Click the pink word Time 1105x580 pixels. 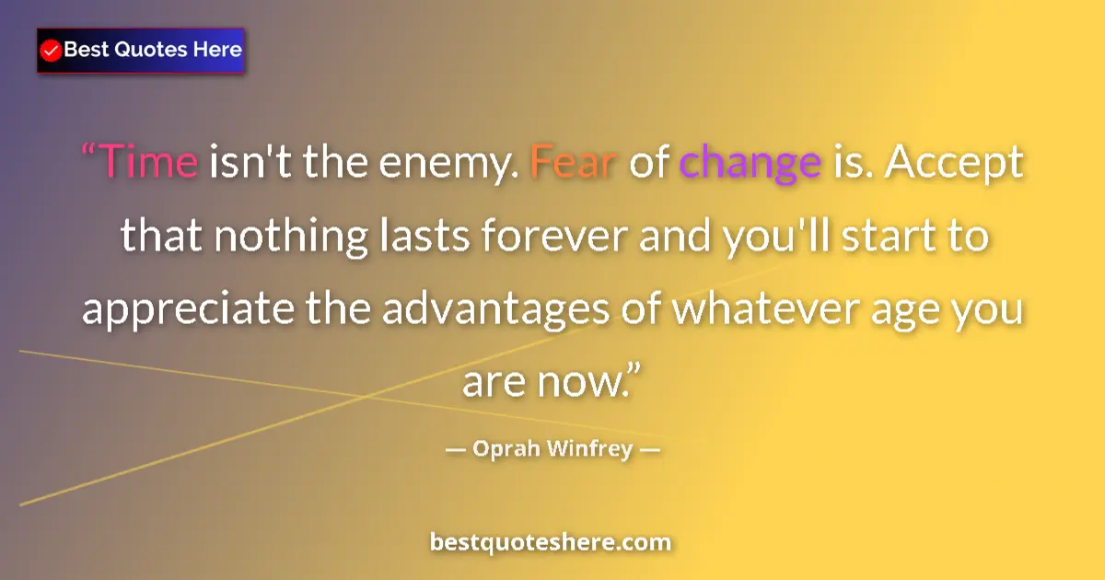pyautogui.click(x=147, y=164)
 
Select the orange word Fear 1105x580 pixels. pyautogui.click(x=573, y=164)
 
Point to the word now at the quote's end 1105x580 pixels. pyautogui.click(x=579, y=381)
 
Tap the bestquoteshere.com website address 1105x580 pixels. pyautogui.click(x=551, y=542)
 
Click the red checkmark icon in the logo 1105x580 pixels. pyautogui.click(x=52, y=51)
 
